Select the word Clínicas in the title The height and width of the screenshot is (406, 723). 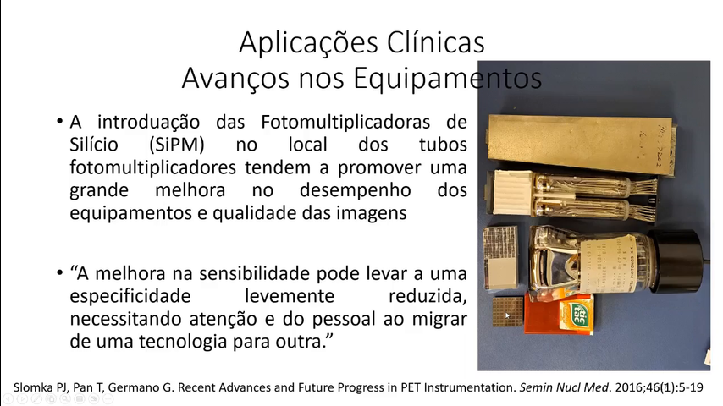click(x=436, y=42)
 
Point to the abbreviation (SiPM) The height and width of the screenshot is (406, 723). click(x=177, y=145)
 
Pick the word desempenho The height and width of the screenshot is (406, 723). click(x=355, y=190)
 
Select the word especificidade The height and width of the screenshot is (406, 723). click(x=130, y=296)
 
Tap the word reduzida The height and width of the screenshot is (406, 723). click(x=428, y=296)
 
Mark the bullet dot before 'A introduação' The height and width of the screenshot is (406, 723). click(x=59, y=122)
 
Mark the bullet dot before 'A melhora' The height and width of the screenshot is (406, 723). click(x=59, y=273)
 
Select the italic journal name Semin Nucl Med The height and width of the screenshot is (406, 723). click(x=564, y=387)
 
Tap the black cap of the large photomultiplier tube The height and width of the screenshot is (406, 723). click(x=676, y=261)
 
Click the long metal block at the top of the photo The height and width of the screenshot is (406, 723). click(x=582, y=143)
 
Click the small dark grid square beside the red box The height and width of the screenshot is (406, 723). click(x=508, y=311)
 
